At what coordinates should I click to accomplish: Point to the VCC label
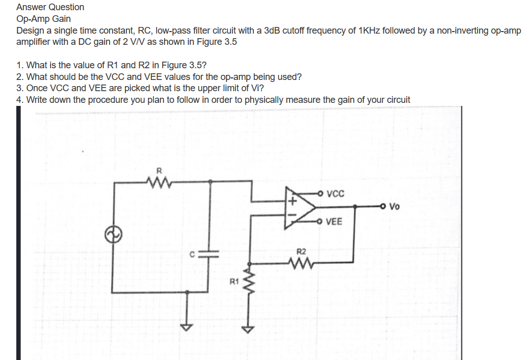click(x=335, y=194)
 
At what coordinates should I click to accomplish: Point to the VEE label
click(x=334, y=221)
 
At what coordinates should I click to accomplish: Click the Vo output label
click(x=394, y=207)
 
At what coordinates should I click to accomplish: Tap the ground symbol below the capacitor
click(x=188, y=326)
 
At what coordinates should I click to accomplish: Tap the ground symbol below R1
click(x=248, y=328)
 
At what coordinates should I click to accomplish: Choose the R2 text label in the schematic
click(x=301, y=252)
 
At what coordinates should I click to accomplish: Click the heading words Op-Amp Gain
click(x=43, y=19)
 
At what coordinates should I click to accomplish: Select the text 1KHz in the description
click(x=371, y=31)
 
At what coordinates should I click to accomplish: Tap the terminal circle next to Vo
click(x=382, y=207)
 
